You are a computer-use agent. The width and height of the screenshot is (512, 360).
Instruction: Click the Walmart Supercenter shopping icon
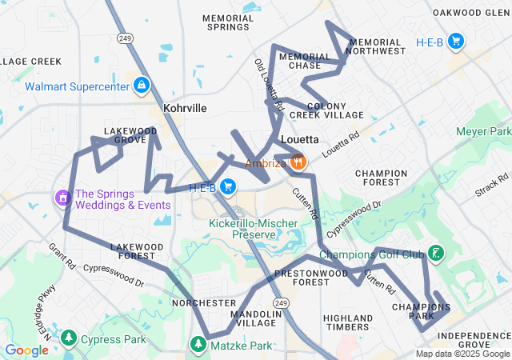142,85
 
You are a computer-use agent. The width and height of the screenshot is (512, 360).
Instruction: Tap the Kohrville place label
185,107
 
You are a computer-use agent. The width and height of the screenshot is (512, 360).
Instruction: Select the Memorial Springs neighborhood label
228,22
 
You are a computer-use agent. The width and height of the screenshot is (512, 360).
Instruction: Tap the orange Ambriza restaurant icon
298,162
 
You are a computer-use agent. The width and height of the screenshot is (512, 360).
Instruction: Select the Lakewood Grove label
130,135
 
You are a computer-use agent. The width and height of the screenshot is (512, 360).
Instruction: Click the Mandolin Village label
256,319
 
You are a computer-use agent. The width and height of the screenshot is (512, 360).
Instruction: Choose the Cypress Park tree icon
70,338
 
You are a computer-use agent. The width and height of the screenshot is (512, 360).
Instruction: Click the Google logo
26,350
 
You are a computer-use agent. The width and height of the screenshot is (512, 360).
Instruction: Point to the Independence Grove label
474,339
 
